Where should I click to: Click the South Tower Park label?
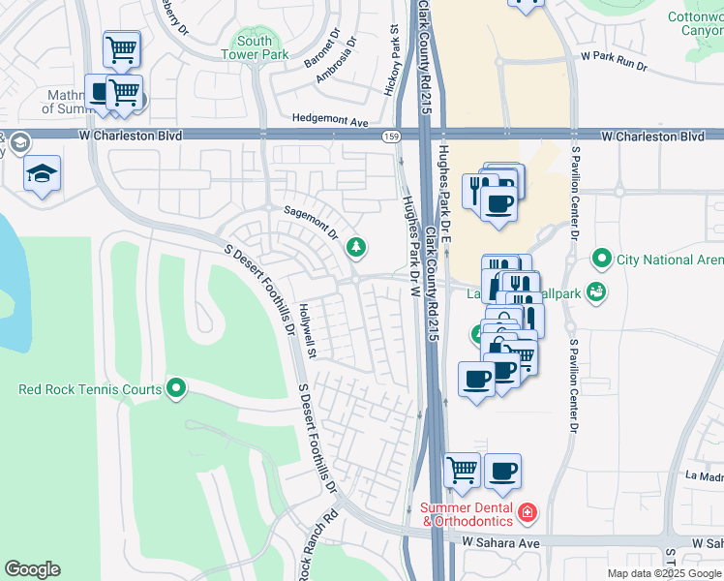pos(255,47)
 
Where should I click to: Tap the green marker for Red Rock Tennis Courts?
pos(176,389)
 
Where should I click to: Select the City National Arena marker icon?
pos(602,260)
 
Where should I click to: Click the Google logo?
pos(32,569)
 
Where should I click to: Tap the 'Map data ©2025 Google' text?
pos(664,573)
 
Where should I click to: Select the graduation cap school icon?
pos(42,173)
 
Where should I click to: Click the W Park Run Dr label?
pos(614,64)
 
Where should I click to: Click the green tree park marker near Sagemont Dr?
pos(357,248)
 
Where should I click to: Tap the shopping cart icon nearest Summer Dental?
pos(463,471)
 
